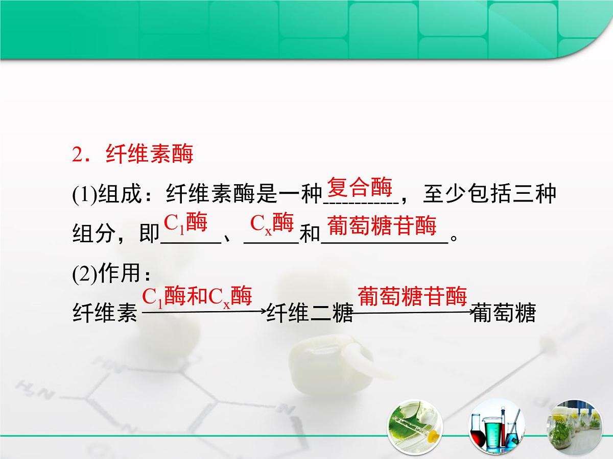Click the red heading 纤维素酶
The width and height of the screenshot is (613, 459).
coord(149,154)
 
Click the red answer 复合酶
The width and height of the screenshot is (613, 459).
coord(360,187)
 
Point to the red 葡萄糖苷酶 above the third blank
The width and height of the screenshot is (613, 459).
coord(382,226)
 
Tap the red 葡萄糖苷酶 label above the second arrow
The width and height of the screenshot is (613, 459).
coord(412,296)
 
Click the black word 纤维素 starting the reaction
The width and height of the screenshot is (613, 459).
coord(105,313)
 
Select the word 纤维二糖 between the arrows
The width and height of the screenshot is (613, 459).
coord(310,313)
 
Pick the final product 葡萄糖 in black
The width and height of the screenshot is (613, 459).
coord(504,313)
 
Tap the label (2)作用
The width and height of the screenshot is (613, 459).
coord(106,274)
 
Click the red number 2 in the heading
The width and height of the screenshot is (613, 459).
coord(77,155)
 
